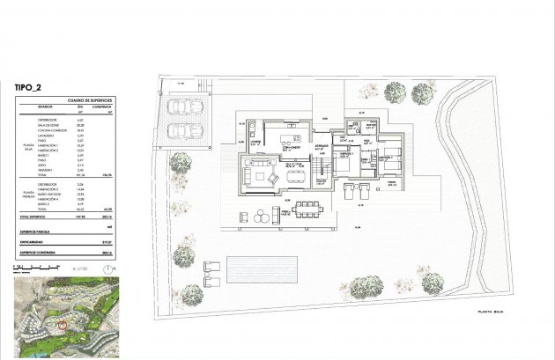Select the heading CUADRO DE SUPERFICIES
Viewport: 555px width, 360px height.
[80, 99]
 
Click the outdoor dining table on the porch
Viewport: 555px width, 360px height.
[308, 208]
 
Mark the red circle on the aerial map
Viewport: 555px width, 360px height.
[62, 325]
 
